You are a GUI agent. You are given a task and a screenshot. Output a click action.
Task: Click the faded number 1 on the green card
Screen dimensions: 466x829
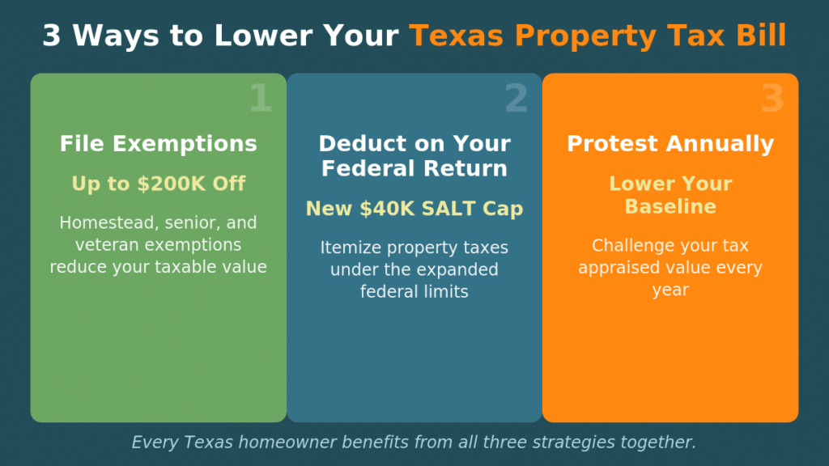click(260, 99)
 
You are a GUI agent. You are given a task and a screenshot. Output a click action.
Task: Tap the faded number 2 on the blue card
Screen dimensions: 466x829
click(516, 99)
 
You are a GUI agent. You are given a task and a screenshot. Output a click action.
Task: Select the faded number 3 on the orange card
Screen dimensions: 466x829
click(772, 99)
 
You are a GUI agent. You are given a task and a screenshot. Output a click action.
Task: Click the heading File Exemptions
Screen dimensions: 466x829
click(159, 144)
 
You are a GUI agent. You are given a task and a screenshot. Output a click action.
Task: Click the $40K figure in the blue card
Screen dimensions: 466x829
click(376, 209)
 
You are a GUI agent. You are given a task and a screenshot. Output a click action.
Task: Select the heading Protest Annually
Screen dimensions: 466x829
click(670, 144)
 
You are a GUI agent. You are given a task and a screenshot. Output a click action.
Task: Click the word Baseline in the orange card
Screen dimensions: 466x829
click(670, 206)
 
